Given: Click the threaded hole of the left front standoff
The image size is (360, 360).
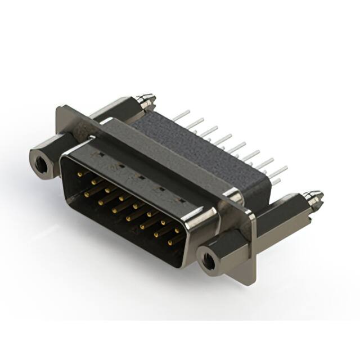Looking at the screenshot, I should point(40,163).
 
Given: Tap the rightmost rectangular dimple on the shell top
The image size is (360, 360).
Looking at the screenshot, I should point(179,200).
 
